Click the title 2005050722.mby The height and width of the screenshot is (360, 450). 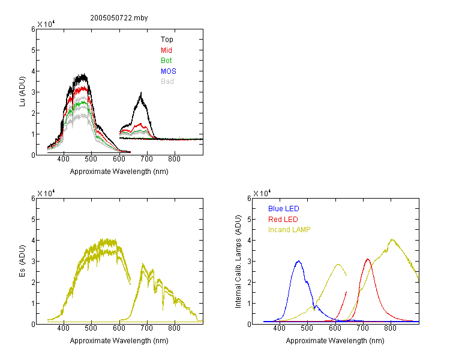coord(119,18)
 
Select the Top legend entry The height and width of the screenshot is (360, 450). coord(167,40)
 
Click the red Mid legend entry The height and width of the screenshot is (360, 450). coord(166,50)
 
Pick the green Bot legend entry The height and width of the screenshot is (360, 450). coord(166,61)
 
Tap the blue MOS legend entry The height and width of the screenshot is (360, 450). coord(169,71)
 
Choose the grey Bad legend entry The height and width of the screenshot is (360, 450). coord(167,82)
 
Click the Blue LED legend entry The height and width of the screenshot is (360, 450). coord(284,209)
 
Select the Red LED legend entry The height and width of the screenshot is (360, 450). coord(283,220)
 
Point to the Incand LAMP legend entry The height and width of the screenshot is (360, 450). coord(289,230)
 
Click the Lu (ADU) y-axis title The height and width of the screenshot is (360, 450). coord(22,92)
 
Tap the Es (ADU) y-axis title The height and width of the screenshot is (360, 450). coord(22,261)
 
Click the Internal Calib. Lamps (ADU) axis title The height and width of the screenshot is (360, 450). coord(238,262)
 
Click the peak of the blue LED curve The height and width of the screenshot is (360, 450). coord(298,261)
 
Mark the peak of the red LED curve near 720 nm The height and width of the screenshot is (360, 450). coord(368,259)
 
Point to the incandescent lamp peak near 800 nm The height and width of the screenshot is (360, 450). coord(392,239)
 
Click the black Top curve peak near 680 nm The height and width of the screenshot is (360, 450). coord(141,92)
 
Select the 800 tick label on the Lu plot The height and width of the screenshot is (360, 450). coord(174,159)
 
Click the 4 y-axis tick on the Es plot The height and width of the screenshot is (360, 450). coord(33,240)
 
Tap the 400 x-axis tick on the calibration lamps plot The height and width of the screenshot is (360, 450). coord(279,328)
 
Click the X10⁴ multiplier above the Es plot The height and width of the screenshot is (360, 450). coord(46,193)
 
